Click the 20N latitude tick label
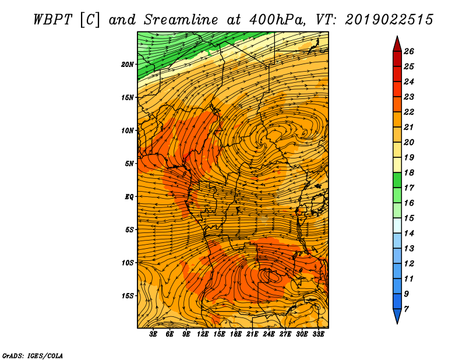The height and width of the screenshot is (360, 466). [128, 65]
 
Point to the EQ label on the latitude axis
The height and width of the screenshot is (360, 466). [129, 197]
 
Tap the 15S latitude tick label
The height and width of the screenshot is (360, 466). [128, 296]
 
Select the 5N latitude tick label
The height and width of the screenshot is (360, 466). [129, 164]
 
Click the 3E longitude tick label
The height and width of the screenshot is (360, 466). [153, 334]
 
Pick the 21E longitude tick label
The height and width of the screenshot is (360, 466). [252, 334]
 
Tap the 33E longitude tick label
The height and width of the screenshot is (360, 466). [318, 334]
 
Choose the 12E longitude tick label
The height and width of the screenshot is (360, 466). [202, 334]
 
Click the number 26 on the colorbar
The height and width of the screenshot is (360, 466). [409, 51]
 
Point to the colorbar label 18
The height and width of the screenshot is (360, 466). [409, 172]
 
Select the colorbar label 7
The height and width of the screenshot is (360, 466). [406, 309]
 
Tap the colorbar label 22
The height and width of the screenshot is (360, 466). [409, 112]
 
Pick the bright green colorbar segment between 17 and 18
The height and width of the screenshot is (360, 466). [397, 180]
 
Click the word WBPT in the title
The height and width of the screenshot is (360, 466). [53, 20]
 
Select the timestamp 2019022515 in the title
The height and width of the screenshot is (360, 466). [389, 20]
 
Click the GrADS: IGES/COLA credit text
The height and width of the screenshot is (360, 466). [33, 356]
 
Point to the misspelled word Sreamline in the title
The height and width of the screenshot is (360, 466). [181, 20]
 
